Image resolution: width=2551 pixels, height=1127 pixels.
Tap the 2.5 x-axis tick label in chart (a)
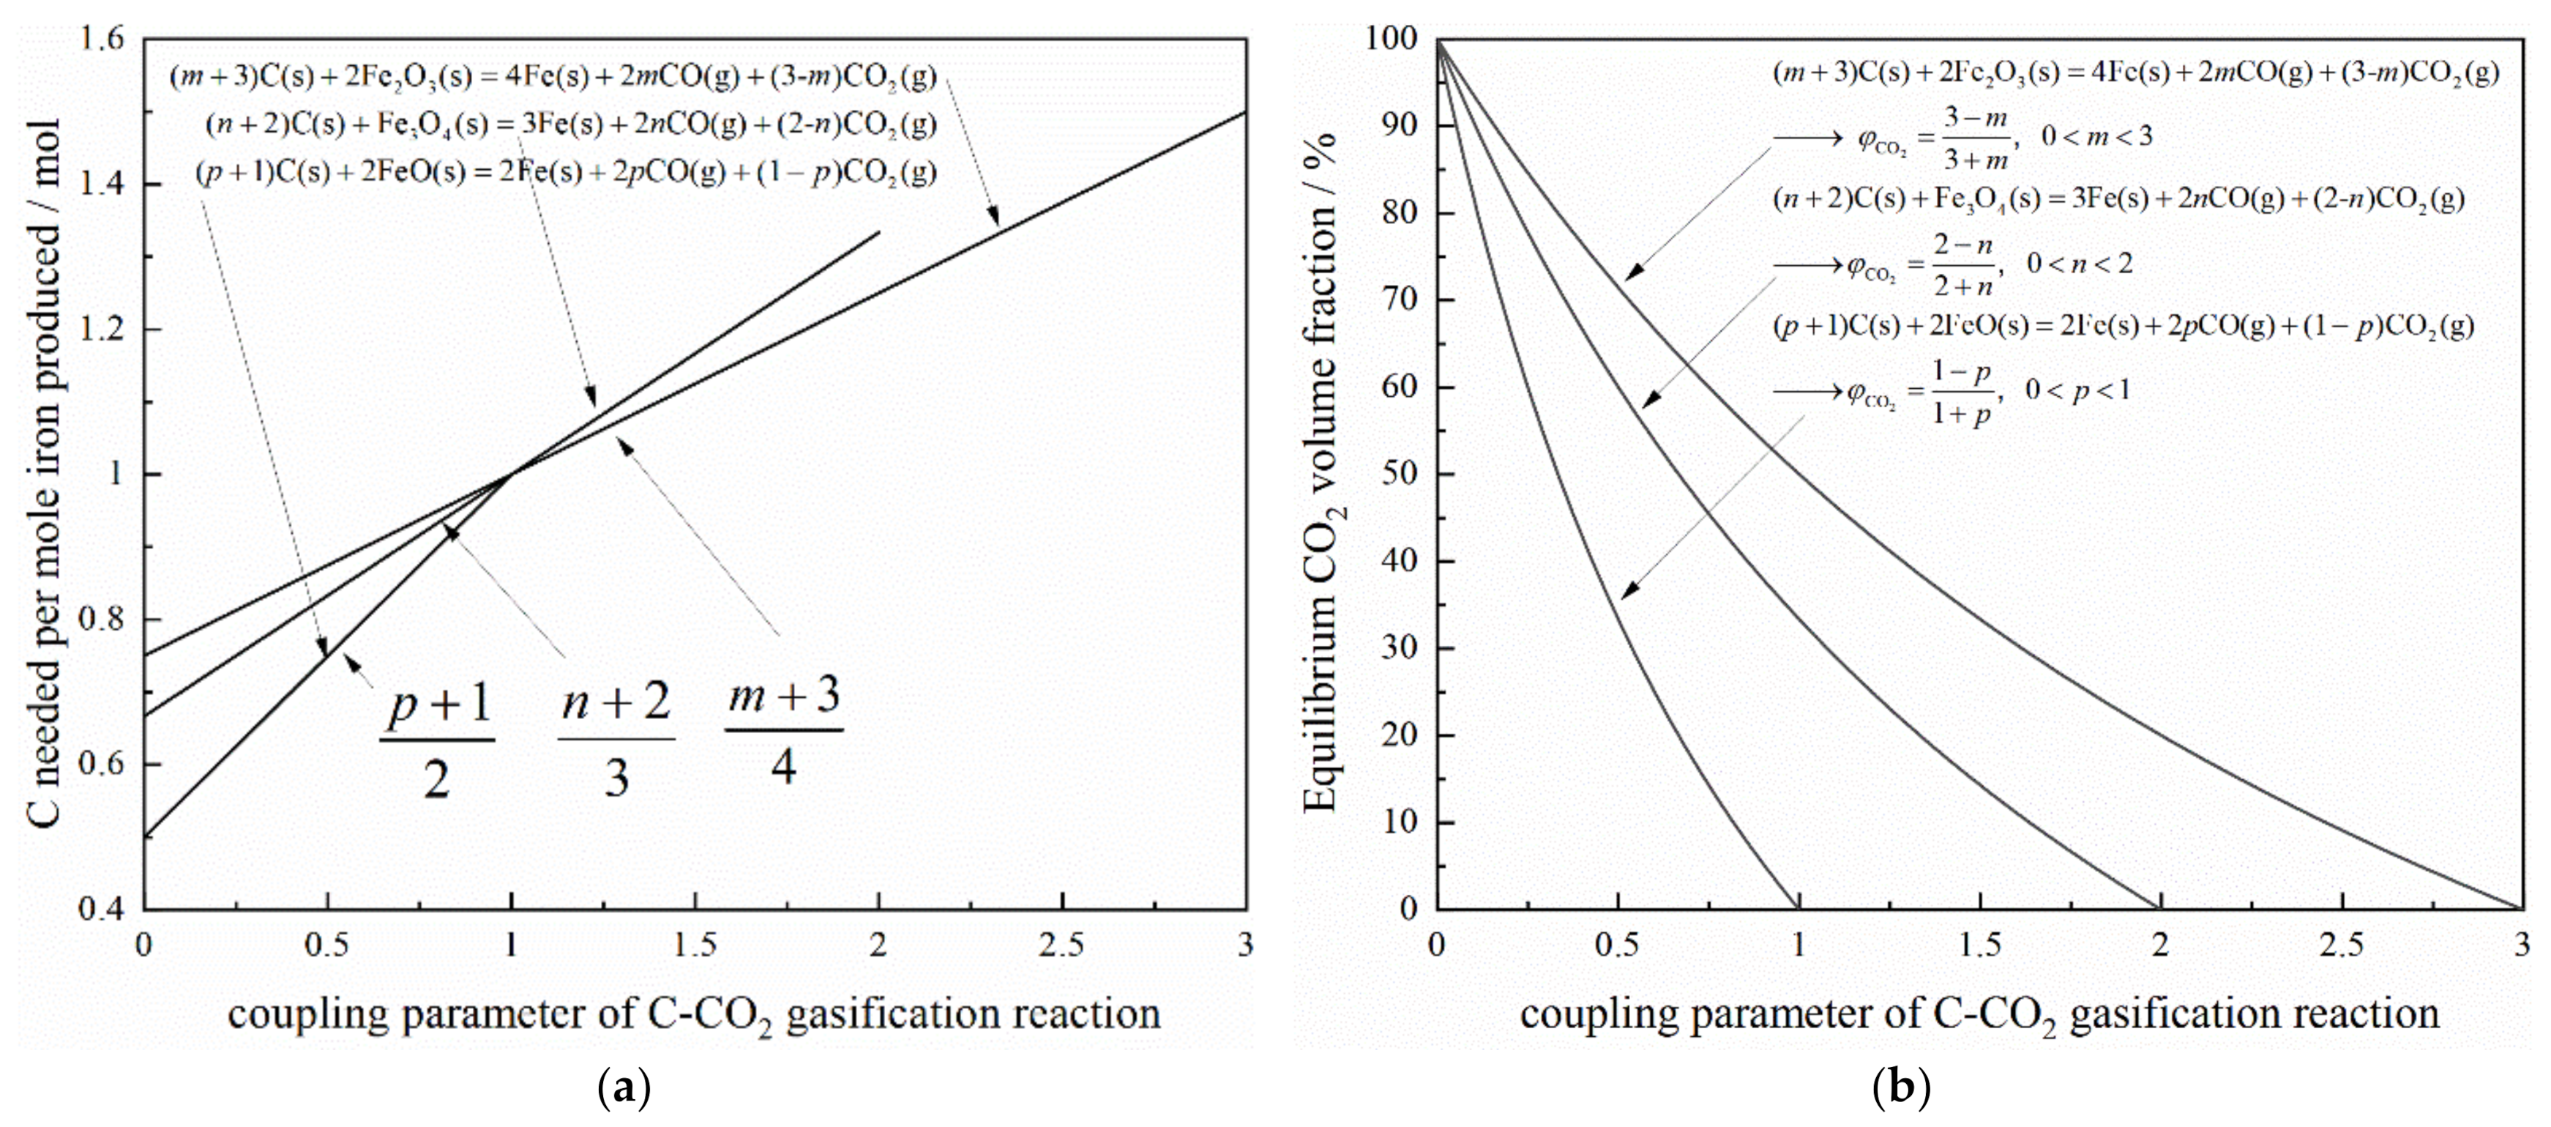click(x=1061, y=946)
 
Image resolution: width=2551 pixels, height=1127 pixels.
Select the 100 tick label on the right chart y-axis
click(x=1392, y=40)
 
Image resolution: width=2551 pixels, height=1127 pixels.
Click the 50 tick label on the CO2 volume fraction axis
click(x=1400, y=473)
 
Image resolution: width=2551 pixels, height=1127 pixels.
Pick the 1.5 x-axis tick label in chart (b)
click(x=1979, y=946)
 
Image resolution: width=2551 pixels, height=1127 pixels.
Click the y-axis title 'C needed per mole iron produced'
click(x=45, y=473)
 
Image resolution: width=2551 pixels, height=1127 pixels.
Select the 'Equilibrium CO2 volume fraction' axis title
click(x=1321, y=473)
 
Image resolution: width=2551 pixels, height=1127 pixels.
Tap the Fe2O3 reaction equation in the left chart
click(x=553, y=76)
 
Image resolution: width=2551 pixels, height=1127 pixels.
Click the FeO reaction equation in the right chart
click(x=2122, y=326)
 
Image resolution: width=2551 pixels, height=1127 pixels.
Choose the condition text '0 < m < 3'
click(x=2096, y=137)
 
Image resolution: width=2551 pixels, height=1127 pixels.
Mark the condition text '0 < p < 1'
click(x=2077, y=390)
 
